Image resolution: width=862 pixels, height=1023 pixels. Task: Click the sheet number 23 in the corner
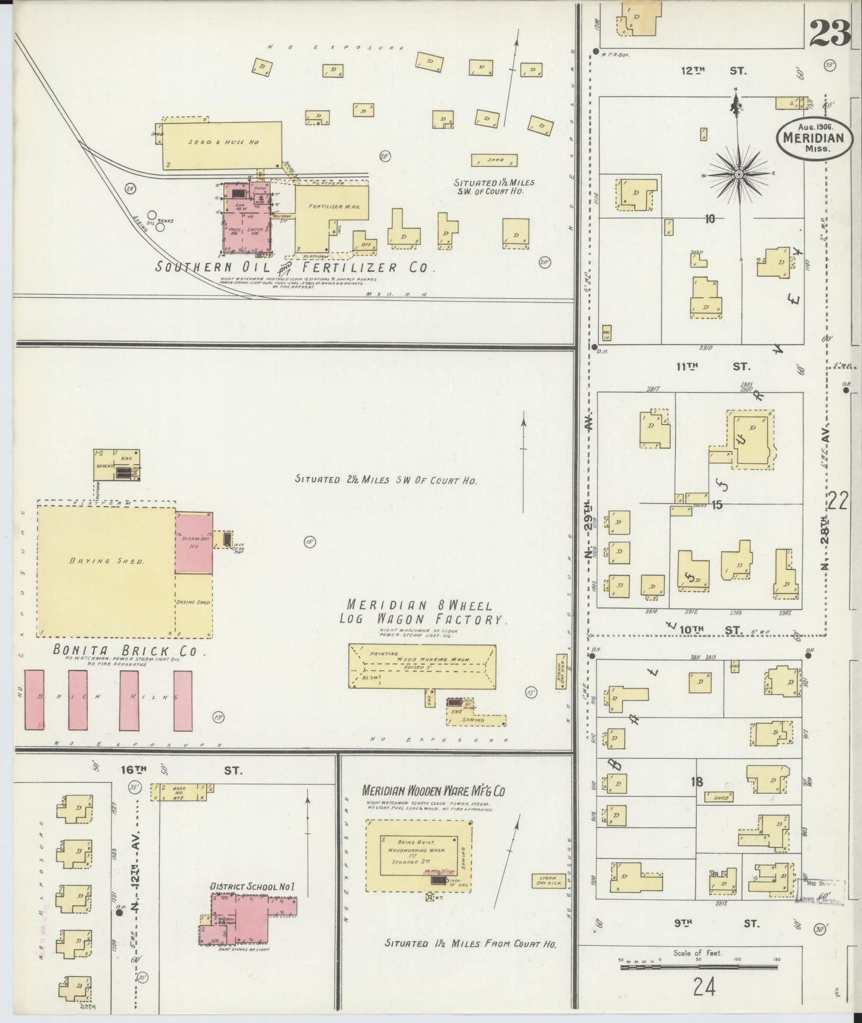829,32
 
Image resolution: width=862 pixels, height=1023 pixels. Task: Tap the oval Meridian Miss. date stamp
814,138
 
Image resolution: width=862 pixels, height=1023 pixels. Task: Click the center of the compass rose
739,174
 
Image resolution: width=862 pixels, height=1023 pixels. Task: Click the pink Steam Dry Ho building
194,544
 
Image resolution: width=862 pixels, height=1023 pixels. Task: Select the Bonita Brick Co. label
125,651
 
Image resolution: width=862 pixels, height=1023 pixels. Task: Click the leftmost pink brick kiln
35,700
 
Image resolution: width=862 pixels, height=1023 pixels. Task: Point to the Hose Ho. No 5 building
180,792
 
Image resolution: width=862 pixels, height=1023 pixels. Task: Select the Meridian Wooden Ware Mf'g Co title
434,791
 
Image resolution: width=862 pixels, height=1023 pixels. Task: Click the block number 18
696,782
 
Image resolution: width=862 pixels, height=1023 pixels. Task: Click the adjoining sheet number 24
704,988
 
